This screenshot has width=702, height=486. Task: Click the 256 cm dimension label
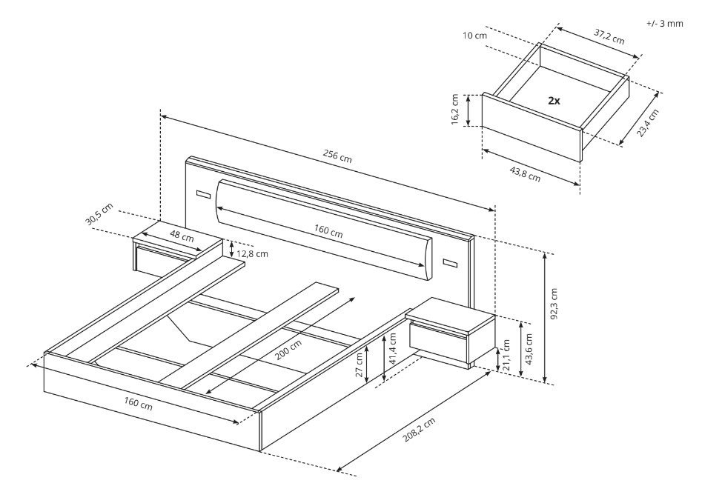(x=337, y=156)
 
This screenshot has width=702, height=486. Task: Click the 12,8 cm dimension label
(x=252, y=253)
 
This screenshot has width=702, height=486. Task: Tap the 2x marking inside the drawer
(x=554, y=100)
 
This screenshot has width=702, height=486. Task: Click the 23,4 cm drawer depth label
(x=647, y=122)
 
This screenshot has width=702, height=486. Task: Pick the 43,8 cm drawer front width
(x=525, y=173)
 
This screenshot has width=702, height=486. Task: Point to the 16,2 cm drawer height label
(x=455, y=111)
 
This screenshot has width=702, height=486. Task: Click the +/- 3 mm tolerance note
(x=665, y=23)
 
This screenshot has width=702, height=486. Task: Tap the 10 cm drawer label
(x=474, y=36)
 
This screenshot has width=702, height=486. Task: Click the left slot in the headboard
(x=203, y=194)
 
